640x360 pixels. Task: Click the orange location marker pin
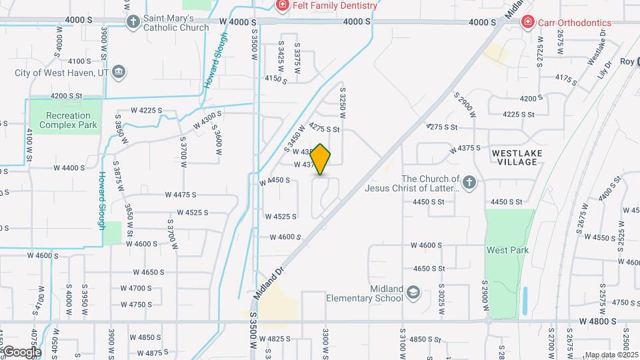(x=321, y=160)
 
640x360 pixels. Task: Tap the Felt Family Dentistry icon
(x=283, y=5)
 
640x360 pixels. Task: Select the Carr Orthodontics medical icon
(x=528, y=22)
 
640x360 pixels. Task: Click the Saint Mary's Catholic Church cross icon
(x=133, y=22)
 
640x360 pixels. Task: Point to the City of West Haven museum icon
(x=119, y=72)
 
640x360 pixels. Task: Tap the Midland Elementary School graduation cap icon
(x=413, y=293)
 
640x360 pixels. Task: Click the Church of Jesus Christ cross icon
(x=470, y=183)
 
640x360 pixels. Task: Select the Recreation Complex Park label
(x=67, y=120)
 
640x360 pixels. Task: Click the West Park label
(x=507, y=251)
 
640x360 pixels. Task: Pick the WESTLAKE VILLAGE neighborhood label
(x=516, y=157)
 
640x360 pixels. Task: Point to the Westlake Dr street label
(x=597, y=54)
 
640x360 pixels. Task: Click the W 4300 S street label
(x=207, y=119)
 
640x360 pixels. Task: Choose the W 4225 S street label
(x=147, y=110)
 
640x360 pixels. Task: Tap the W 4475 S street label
(x=181, y=195)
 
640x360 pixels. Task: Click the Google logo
(x=21, y=352)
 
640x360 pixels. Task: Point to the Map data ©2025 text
(x=610, y=355)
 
